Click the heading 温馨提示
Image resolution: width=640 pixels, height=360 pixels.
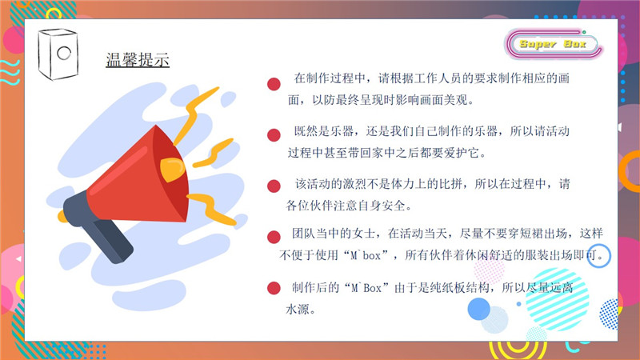(138, 59)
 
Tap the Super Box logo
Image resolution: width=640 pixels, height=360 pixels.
(553, 44)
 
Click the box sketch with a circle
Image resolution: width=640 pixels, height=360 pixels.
(58, 54)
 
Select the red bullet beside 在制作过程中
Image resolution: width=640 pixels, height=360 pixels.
(274, 84)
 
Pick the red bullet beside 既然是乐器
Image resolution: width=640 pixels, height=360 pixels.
(274, 135)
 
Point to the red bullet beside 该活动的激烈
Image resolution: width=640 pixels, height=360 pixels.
(274, 186)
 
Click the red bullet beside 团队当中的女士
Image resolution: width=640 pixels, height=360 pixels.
(274, 237)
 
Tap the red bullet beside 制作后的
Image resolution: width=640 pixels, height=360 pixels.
(274, 288)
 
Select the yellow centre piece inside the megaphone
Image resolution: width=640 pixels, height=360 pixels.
(172, 170)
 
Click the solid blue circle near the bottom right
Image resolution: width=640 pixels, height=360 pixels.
(478, 309)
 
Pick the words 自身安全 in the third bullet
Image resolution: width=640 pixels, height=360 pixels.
(381, 206)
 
